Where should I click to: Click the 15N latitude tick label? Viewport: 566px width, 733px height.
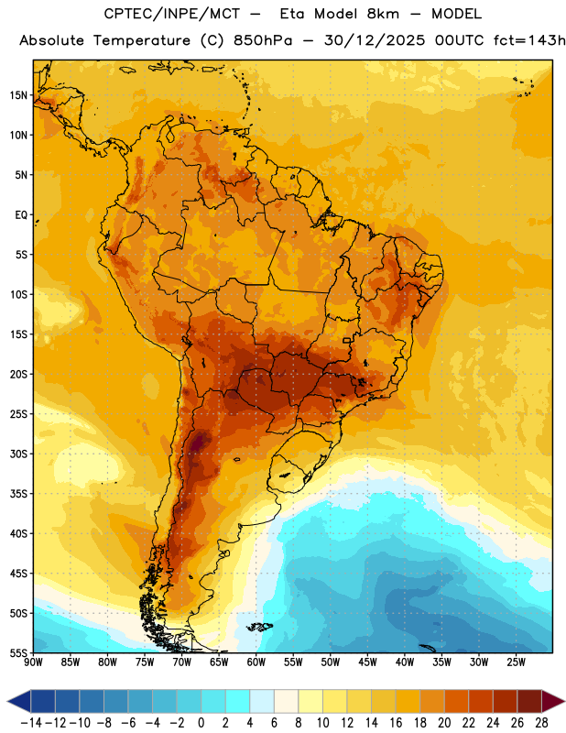click(x=18, y=95)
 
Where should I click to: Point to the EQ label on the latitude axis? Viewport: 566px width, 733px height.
click(x=21, y=215)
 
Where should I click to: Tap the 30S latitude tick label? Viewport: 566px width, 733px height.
click(x=18, y=454)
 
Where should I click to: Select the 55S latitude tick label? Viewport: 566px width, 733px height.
click(x=18, y=652)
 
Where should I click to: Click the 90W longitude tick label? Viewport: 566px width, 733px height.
click(x=33, y=662)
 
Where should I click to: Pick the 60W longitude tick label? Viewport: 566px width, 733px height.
click(x=256, y=662)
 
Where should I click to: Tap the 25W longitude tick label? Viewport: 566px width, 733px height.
click(x=516, y=662)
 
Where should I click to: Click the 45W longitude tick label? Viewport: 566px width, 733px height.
click(x=367, y=662)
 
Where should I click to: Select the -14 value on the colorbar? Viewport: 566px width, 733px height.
click(x=31, y=723)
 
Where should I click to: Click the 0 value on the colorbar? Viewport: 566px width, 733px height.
click(x=201, y=723)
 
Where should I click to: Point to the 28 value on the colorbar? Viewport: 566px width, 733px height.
click(x=541, y=723)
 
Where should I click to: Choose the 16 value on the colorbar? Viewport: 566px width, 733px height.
click(x=396, y=723)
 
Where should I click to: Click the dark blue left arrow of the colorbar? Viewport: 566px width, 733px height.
click(x=19, y=701)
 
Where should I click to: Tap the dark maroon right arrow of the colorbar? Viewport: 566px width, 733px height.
click(x=553, y=701)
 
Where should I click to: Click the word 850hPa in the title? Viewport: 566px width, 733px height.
click(x=263, y=40)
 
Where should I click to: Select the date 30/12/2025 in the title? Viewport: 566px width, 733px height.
click(x=375, y=40)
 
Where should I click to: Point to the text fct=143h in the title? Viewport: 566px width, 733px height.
click(x=529, y=40)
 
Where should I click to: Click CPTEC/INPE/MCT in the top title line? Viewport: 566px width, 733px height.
click(x=172, y=14)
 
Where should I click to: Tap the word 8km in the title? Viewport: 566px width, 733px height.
click(x=383, y=14)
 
